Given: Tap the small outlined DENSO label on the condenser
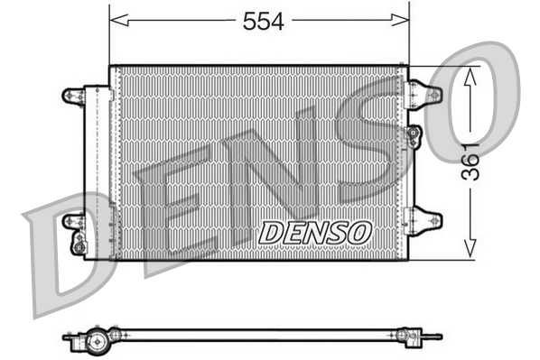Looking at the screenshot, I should (315, 231).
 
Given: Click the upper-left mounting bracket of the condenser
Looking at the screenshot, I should (72, 94).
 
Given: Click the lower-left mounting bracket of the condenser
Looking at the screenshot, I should (72, 220).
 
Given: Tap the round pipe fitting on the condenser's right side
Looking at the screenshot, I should (414, 135).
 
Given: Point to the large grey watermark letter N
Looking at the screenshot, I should (271, 180).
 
